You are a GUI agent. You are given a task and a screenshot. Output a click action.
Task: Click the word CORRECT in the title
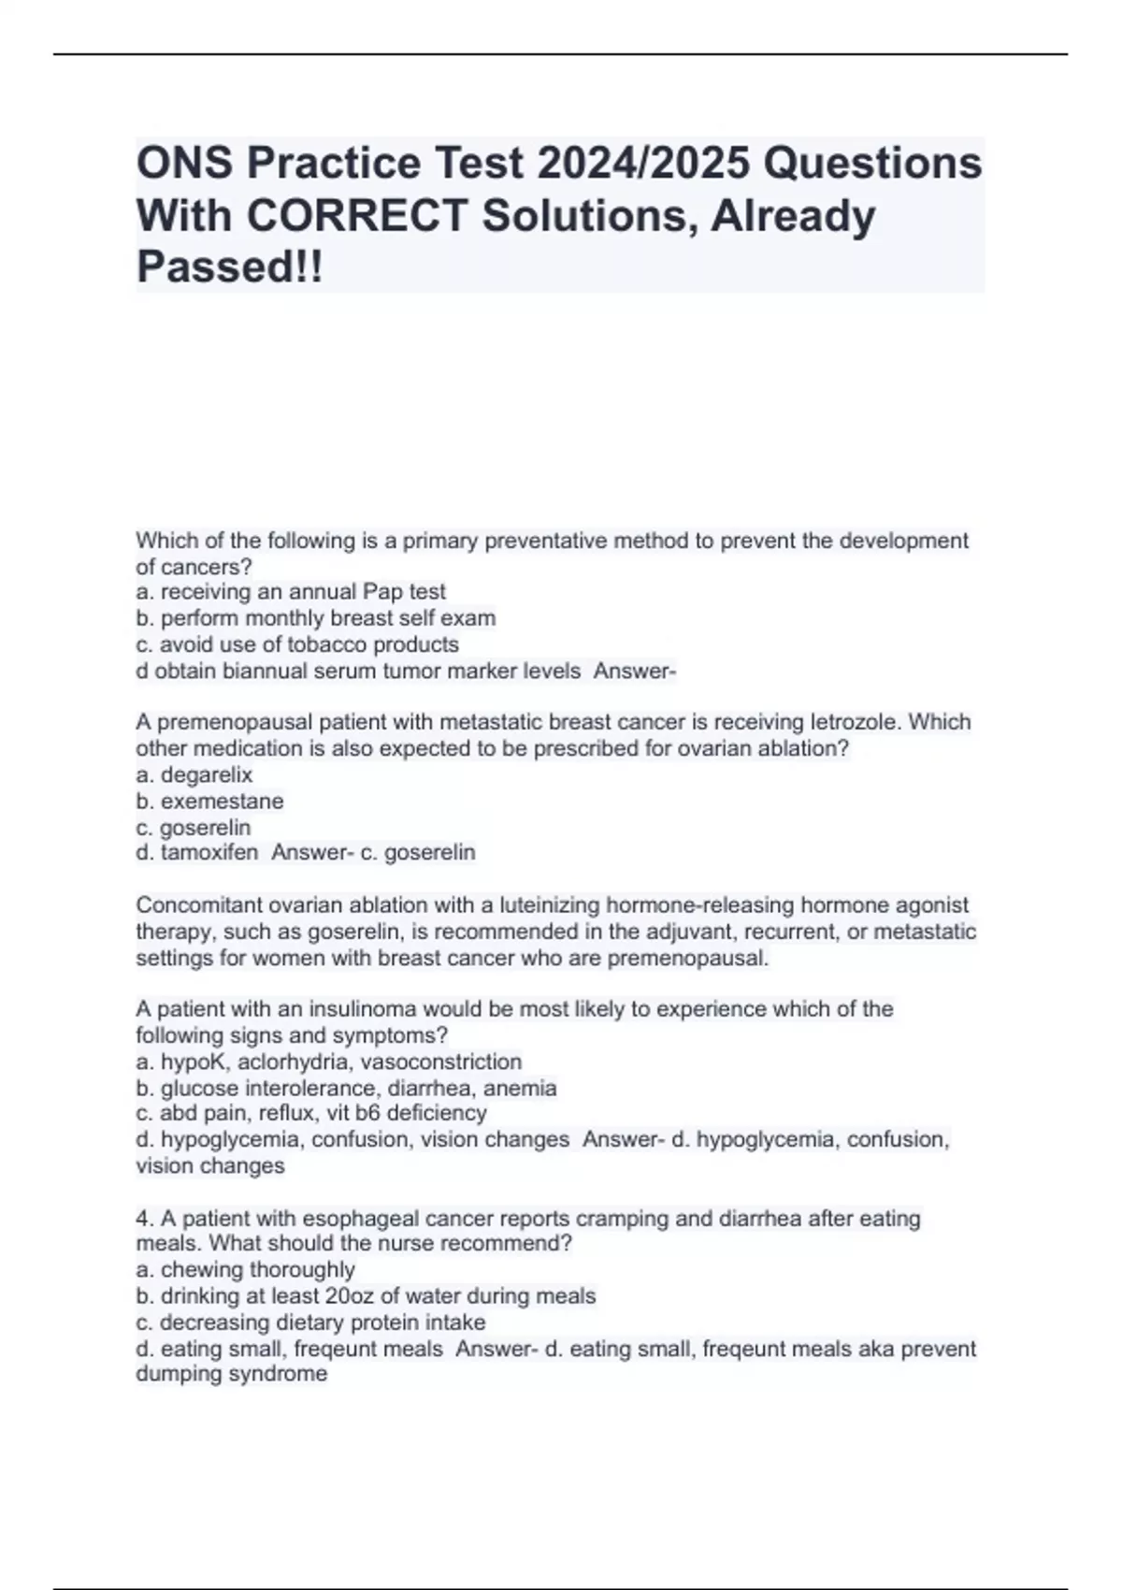356,216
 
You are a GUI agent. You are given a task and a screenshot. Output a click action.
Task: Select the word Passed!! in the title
229,267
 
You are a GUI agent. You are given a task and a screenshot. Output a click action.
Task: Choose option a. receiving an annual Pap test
291,592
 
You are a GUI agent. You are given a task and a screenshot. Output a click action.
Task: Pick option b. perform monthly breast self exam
316,618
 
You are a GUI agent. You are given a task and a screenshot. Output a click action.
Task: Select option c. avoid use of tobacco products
297,644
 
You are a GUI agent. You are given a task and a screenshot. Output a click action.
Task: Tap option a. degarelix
194,774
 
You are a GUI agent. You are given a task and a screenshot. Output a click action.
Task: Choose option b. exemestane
209,802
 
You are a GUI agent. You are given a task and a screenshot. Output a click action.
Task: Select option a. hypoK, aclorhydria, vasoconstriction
329,1062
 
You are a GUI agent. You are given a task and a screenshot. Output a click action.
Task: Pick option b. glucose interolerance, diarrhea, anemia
346,1088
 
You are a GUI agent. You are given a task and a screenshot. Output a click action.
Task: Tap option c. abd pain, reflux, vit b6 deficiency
311,1113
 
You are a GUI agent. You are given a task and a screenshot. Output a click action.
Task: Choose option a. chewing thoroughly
246,1270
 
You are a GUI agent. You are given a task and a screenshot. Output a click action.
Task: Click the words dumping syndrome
232,1374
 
